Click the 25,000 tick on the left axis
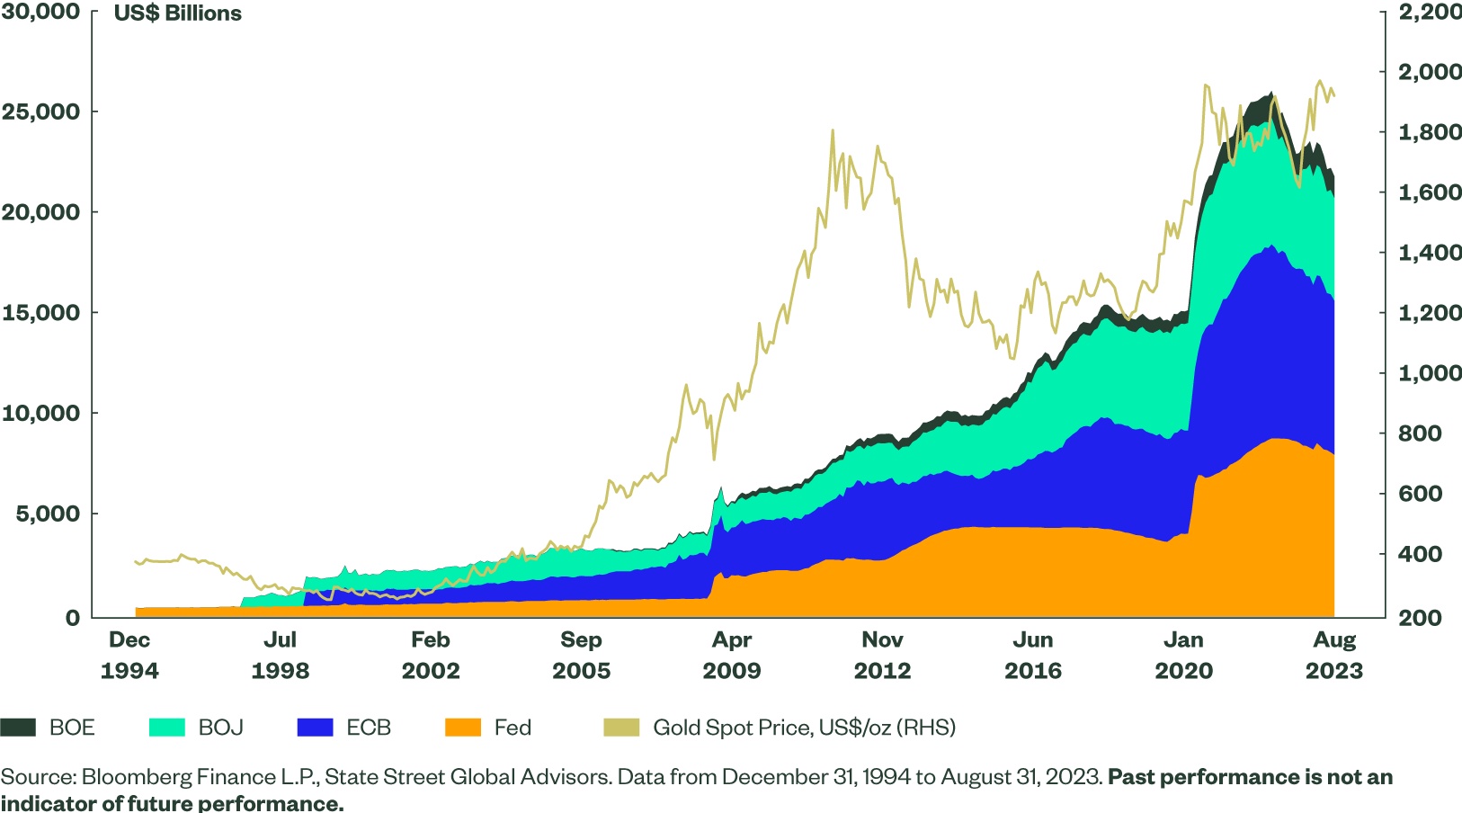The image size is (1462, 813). (x=40, y=112)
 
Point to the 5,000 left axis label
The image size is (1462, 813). (x=48, y=514)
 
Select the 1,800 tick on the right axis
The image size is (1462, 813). (x=1429, y=132)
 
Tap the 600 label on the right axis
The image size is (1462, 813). (x=1420, y=494)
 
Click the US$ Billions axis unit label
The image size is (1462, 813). (x=178, y=13)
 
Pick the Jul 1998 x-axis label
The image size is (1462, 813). (x=280, y=655)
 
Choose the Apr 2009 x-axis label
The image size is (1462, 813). (x=731, y=655)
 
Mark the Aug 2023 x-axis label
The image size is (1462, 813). (x=1334, y=655)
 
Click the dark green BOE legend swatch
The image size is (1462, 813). (x=18, y=728)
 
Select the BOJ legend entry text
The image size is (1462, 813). (x=220, y=728)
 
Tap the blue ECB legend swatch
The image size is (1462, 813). (x=315, y=728)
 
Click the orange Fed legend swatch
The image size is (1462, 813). (x=463, y=728)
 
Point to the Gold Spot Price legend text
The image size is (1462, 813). (x=804, y=728)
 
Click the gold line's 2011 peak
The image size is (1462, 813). (x=833, y=130)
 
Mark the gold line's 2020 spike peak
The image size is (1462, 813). (x=1206, y=85)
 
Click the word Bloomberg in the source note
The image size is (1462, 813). (x=136, y=777)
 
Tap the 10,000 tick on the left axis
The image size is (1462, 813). (x=40, y=413)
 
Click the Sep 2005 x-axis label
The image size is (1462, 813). (x=581, y=655)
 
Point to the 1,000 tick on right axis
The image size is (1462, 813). (x=1429, y=373)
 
